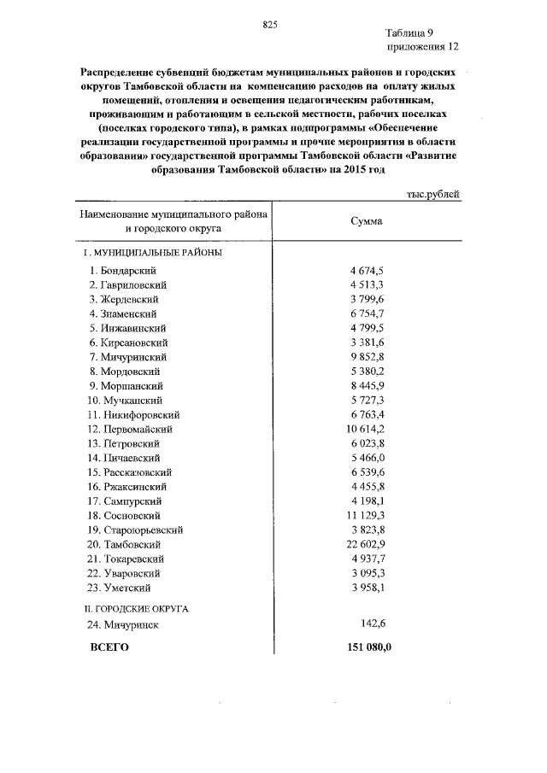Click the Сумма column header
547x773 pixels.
pyautogui.click(x=367, y=221)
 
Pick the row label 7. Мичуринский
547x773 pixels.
pyautogui.click(x=127, y=356)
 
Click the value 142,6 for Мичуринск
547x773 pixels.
pyautogui.click(x=373, y=625)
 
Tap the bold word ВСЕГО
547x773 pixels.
pyautogui.click(x=109, y=647)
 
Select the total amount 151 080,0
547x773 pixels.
pyautogui.click(x=367, y=647)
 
